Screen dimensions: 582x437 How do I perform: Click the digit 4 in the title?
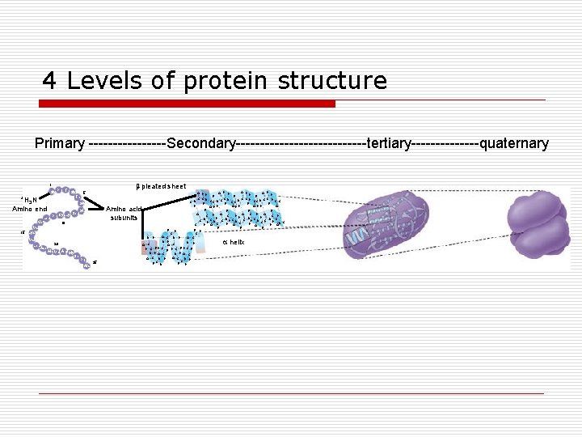[50, 81]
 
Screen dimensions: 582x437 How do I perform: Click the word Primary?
[59, 144]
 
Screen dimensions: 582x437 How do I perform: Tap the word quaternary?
[514, 144]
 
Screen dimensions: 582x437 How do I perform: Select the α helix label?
[233, 242]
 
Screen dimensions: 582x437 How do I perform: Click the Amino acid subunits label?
[124, 213]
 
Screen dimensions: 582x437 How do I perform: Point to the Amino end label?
[30, 209]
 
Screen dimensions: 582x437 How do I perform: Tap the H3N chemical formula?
[28, 200]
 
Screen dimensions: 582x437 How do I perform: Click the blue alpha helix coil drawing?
[171, 245]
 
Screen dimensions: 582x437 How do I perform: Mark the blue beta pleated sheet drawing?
[237, 207]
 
